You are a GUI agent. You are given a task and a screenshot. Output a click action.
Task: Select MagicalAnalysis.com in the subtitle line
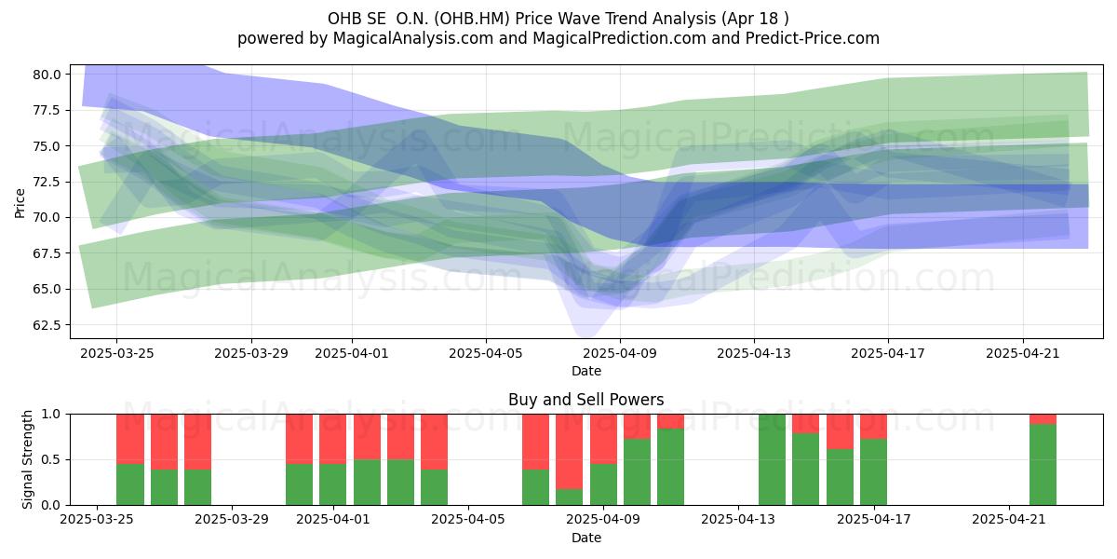pyautogui.click(x=413, y=38)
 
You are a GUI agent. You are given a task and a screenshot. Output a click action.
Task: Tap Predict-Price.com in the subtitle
pyautogui.click(x=813, y=38)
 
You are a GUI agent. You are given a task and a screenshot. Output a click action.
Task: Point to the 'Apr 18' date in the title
pyautogui.click(x=752, y=19)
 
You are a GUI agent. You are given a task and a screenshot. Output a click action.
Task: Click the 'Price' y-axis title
pyautogui.click(x=20, y=203)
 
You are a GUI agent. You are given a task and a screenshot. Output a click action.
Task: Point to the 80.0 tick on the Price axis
pyautogui.click(x=47, y=75)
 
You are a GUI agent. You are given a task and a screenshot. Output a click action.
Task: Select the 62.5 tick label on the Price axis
pyautogui.click(x=47, y=325)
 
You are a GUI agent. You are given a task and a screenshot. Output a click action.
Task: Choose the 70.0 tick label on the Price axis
pyautogui.click(x=47, y=218)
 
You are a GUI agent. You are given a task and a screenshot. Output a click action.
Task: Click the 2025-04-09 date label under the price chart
pyautogui.click(x=620, y=353)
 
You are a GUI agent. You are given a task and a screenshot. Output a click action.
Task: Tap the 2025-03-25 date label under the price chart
pyautogui.click(x=116, y=353)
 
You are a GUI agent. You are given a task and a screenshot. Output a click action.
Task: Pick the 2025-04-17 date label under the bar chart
pyautogui.click(x=874, y=520)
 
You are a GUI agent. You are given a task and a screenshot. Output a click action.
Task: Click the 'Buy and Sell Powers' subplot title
pyautogui.click(x=585, y=400)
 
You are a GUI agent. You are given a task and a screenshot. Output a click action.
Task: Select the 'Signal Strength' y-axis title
pyautogui.click(x=27, y=459)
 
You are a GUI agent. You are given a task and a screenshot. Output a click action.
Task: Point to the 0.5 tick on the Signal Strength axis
pyautogui.click(x=50, y=459)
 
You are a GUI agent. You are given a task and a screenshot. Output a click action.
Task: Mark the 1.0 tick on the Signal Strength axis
pyautogui.click(x=50, y=415)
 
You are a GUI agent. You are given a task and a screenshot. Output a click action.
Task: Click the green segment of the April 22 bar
pyautogui.click(x=1043, y=465)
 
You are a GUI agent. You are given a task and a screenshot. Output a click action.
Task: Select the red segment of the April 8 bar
pyautogui.click(x=570, y=452)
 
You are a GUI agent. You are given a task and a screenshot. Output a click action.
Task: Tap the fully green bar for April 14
pyautogui.click(x=772, y=459)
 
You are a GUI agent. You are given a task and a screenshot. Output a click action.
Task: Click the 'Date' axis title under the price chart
pyautogui.click(x=585, y=372)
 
